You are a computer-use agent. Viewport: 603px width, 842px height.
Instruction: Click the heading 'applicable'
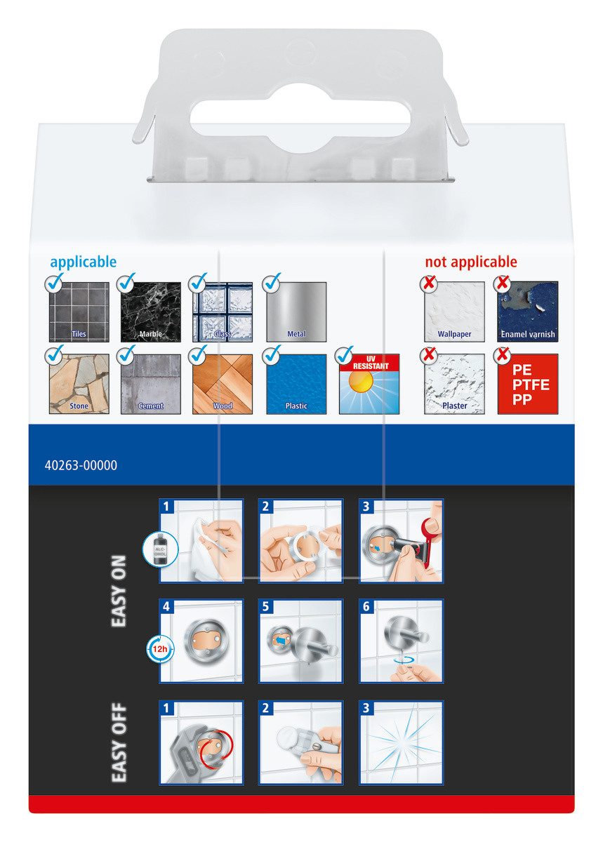(x=83, y=262)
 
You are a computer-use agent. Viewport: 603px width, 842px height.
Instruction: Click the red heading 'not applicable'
(x=470, y=262)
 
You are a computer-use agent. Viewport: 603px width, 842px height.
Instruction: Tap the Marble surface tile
(x=150, y=312)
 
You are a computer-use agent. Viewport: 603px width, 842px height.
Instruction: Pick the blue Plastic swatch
(x=296, y=384)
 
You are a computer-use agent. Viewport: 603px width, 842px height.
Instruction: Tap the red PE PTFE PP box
(x=527, y=384)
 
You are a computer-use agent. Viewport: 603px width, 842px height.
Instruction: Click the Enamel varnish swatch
(x=527, y=312)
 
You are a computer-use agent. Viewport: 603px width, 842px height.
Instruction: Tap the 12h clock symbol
(x=159, y=649)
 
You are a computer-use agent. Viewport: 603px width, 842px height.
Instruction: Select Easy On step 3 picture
(x=401, y=540)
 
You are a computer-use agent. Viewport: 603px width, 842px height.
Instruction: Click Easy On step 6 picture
(x=401, y=641)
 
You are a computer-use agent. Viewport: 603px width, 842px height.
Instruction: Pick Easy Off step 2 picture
(x=300, y=742)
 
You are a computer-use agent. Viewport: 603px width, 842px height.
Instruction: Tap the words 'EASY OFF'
(x=119, y=742)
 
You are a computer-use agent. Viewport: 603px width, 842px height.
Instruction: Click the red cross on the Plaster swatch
(x=428, y=356)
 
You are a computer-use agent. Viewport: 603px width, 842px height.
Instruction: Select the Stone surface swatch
(x=79, y=384)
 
